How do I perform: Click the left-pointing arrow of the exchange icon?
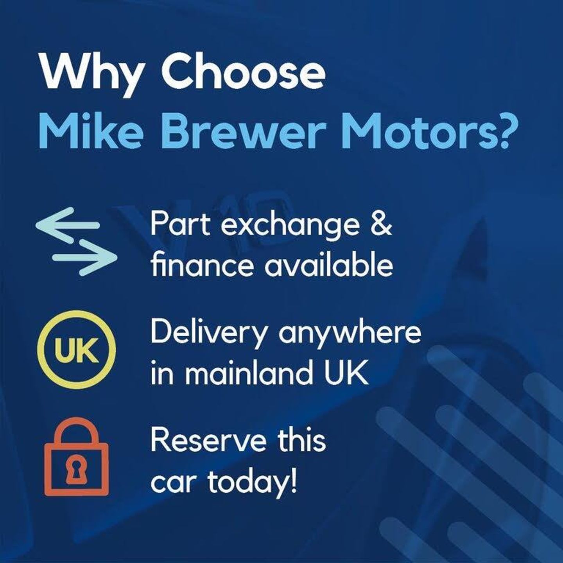click(68, 225)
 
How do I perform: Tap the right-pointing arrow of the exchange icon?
click(85, 258)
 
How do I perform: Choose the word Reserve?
click(209, 443)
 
